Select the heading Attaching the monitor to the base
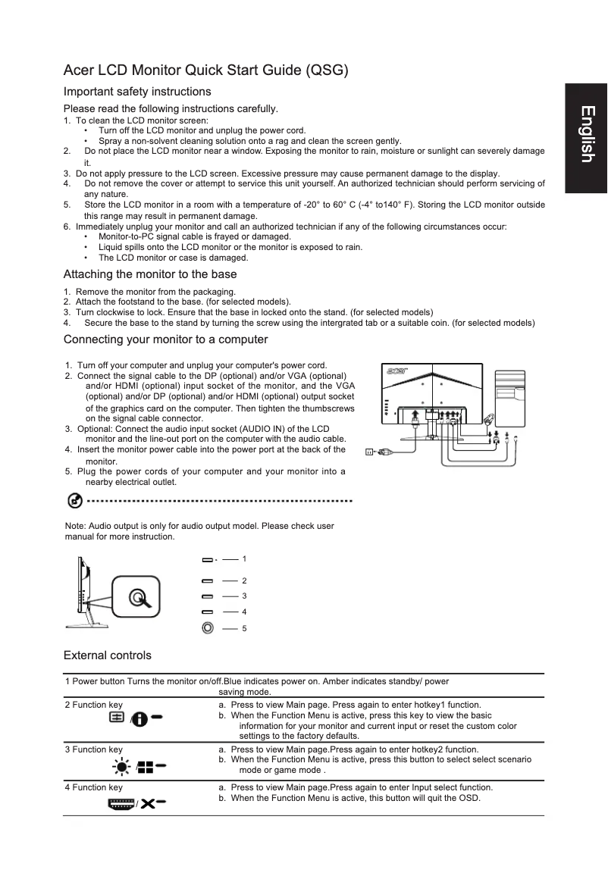click(x=150, y=274)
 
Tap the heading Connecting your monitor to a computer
click(x=165, y=339)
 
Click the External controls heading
click(x=107, y=655)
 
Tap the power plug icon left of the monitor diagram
click(x=376, y=452)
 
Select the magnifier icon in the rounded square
click(x=137, y=598)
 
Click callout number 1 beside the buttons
click(x=243, y=558)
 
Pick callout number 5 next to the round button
click(x=243, y=628)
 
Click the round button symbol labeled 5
click(x=207, y=627)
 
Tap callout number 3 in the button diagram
click(x=243, y=596)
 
